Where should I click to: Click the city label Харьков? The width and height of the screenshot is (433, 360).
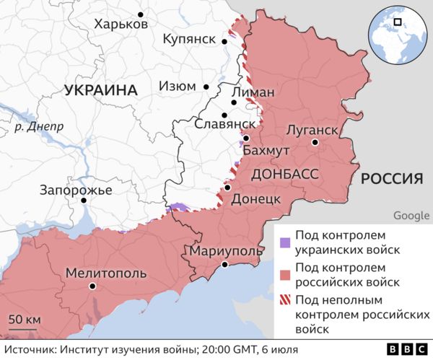pos(121,24)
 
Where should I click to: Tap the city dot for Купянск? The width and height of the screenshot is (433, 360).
pos(225,41)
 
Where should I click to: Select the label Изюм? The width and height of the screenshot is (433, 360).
pos(175,86)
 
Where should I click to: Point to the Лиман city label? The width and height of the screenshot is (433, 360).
pos(253,93)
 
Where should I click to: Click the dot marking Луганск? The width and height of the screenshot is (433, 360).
pos(315,143)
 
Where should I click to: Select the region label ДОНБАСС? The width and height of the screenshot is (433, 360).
pos(284,175)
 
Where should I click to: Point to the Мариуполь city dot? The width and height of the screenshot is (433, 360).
pos(224,265)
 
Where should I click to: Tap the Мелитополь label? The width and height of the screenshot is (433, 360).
pos(105,273)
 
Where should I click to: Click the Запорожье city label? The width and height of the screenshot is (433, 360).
pos(76,190)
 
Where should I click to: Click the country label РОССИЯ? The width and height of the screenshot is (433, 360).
pos(391,178)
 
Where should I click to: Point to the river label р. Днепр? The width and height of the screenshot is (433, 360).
pos(39,126)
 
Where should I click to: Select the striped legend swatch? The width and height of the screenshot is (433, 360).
pos(286,301)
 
